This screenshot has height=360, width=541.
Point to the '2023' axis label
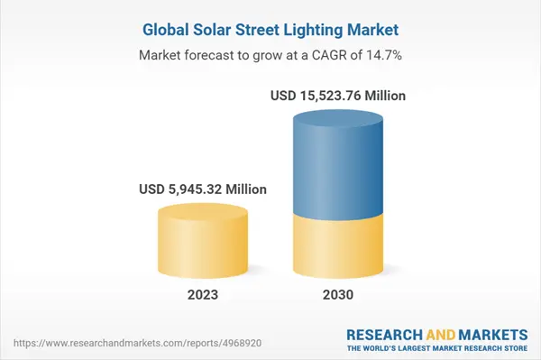click(204, 295)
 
